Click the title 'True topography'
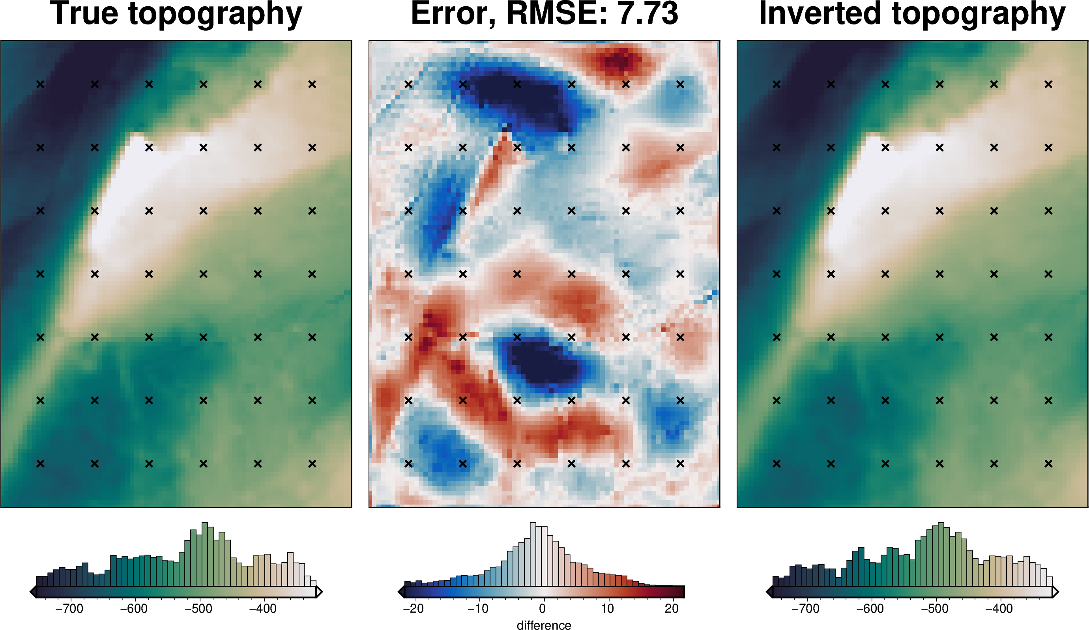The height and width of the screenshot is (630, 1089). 176,14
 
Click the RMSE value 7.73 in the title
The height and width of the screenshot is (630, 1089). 648,14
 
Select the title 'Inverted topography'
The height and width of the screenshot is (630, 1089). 912,14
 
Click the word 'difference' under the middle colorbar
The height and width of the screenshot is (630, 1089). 544,625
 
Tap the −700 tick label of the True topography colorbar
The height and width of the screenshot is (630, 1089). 69,609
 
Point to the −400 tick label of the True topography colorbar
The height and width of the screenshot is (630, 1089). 263,609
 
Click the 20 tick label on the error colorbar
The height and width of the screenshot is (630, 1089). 672,609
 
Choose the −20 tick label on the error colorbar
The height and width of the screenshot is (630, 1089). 413,609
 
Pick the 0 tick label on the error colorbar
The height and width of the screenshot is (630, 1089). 543,609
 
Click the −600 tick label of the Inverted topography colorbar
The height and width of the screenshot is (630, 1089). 870,609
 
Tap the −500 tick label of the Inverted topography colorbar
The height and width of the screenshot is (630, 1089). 935,609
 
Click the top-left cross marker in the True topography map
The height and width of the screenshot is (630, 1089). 40,84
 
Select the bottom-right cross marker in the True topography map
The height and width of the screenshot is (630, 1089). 312,464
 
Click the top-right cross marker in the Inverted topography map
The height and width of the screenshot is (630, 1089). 1048,84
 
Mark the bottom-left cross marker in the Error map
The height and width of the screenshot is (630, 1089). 408,464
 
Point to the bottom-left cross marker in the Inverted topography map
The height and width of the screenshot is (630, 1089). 777,464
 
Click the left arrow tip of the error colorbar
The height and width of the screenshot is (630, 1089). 400,592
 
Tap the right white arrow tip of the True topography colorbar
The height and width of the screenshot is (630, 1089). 319,592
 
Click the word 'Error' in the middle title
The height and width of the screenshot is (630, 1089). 452,14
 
